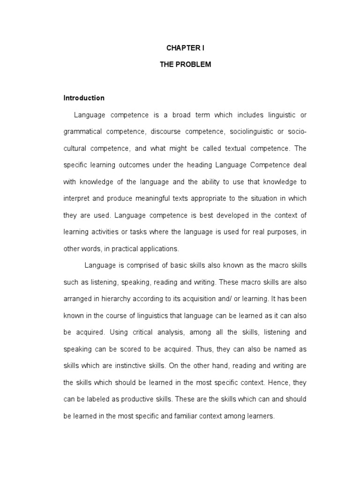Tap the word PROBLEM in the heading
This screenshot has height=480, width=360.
coord(194,65)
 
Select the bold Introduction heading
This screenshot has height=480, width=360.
coord(84,98)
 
